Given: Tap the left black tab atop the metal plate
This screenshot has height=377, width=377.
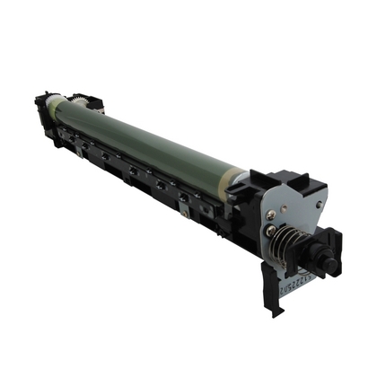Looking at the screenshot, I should pos(260,180).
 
